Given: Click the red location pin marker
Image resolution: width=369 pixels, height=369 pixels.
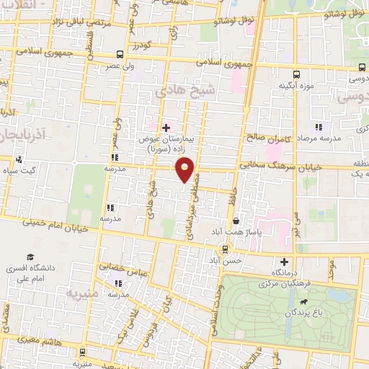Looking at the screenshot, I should coord(185,170).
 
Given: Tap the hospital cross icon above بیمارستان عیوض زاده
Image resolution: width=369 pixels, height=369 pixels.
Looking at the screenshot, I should coord(166,127).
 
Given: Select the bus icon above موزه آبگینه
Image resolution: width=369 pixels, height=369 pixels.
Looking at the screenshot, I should coord(296,74).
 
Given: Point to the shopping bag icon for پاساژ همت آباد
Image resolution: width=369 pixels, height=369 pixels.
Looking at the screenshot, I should coord(236,221).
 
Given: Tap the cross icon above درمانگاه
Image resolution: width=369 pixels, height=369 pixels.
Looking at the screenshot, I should coord(285,262).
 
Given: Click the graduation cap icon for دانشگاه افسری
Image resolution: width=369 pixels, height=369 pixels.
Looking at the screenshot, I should coord(31,257).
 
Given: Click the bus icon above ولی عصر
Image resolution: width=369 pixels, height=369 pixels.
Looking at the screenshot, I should coord(119,54).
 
